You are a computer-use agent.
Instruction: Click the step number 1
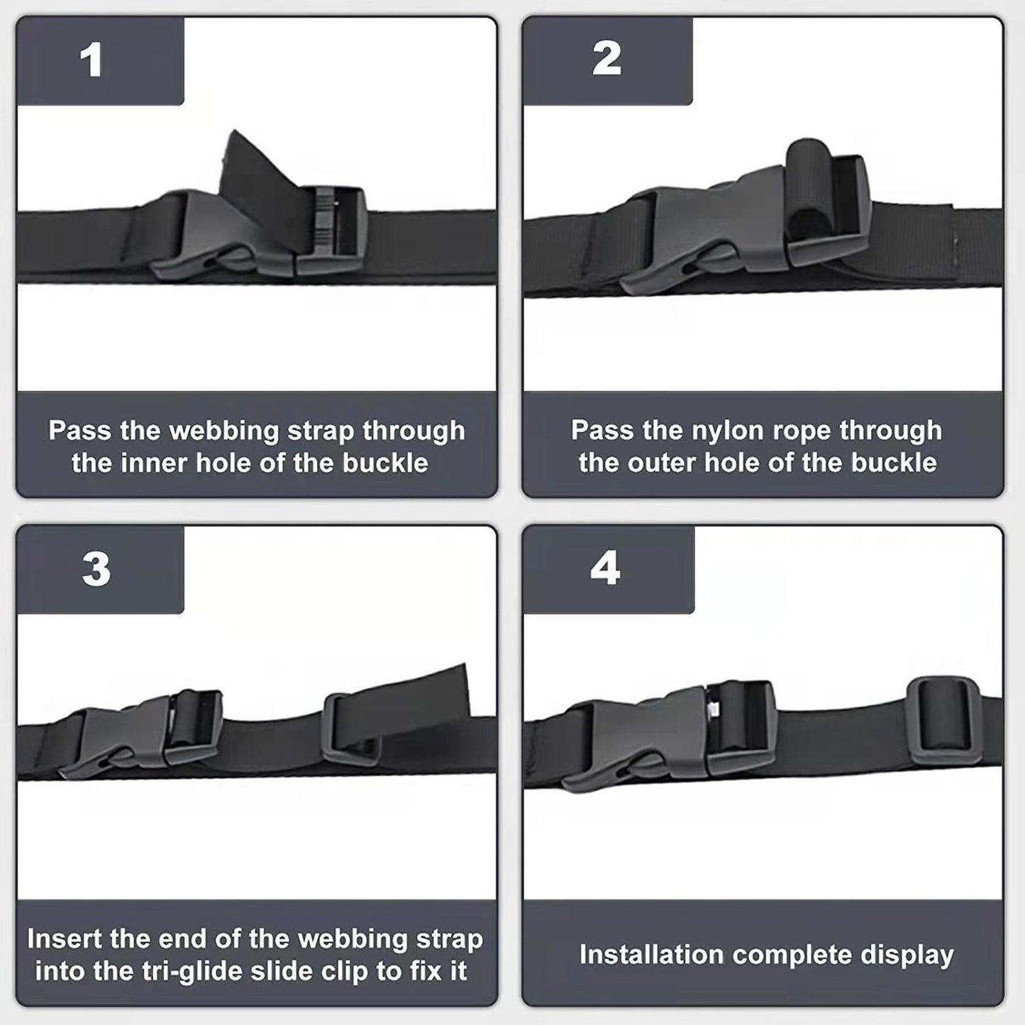coord(92,61)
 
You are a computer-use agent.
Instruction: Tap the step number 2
coord(606,59)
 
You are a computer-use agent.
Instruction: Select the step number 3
coord(96,569)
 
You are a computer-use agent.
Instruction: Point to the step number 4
coord(605,568)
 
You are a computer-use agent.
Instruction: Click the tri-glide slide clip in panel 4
coord(944,721)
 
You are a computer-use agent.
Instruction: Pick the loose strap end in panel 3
coord(426,692)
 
